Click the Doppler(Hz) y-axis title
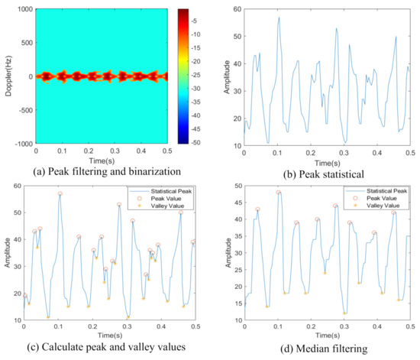(x=8, y=77)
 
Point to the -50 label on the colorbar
(x=203, y=142)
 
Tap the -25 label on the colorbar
(x=203, y=75)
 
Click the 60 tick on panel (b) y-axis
(x=235, y=9)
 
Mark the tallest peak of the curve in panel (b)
(x=279, y=18)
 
